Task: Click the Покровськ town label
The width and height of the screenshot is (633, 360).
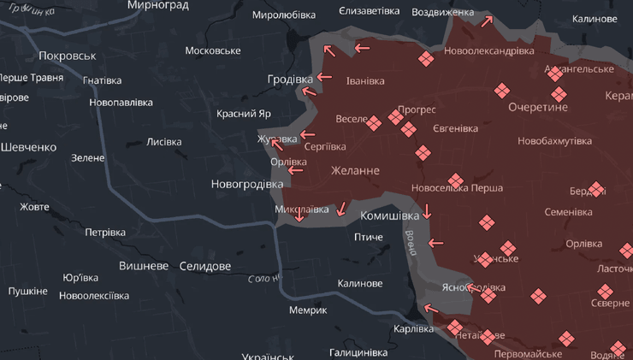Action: (x=67, y=56)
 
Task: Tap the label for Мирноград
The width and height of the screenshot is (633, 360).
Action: (x=157, y=5)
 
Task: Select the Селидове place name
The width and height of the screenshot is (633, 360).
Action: (x=205, y=267)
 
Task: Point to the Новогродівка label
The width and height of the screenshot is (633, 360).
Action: (x=246, y=184)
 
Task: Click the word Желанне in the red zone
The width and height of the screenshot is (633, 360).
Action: (x=355, y=171)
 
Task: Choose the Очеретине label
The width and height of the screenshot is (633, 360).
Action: (x=537, y=108)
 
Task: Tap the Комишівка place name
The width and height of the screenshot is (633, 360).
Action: (x=389, y=216)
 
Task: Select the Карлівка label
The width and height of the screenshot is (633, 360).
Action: (x=414, y=328)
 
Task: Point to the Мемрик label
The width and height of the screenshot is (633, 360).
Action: (x=308, y=310)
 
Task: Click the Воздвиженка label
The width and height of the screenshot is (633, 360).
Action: (x=442, y=13)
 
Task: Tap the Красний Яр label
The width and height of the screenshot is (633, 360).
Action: (x=244, y=114)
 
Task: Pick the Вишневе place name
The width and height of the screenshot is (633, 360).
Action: (x=144, y=266)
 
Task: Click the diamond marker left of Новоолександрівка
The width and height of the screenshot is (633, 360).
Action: (x=426, y=58)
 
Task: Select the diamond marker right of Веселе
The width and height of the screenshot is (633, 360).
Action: (x=374, y=124)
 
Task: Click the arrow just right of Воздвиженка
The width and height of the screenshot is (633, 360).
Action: (x=487, y=21)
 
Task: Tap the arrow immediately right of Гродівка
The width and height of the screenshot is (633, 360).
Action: (x=323, y=78)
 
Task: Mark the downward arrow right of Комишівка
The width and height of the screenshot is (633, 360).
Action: (x=427, y=210)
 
